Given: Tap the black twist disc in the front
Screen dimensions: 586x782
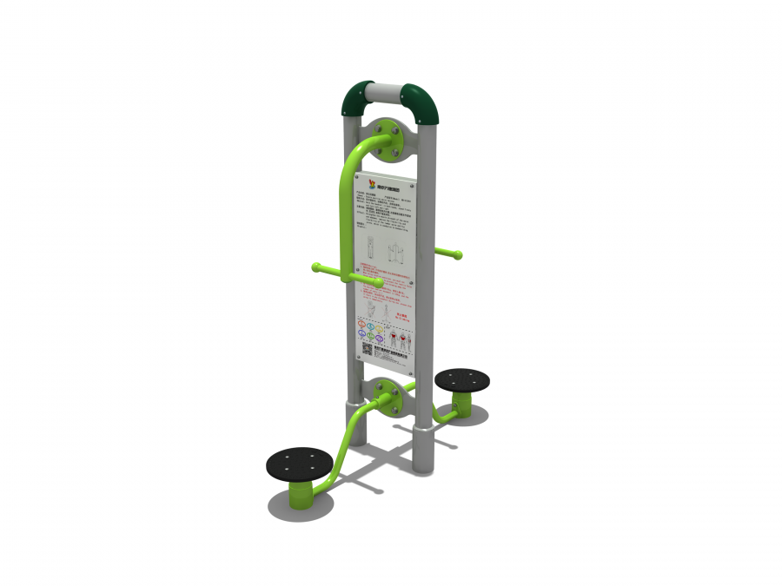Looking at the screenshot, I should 300,464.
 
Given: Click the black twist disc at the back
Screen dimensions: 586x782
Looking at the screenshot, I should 461,380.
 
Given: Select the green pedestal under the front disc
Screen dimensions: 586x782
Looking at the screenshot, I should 301,496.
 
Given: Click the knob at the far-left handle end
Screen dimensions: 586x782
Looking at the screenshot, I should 316,267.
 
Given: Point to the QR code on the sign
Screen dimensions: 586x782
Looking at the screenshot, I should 367,350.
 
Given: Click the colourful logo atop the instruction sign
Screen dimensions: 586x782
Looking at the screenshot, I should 373,182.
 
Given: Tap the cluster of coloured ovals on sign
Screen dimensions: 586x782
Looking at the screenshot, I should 370,332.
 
